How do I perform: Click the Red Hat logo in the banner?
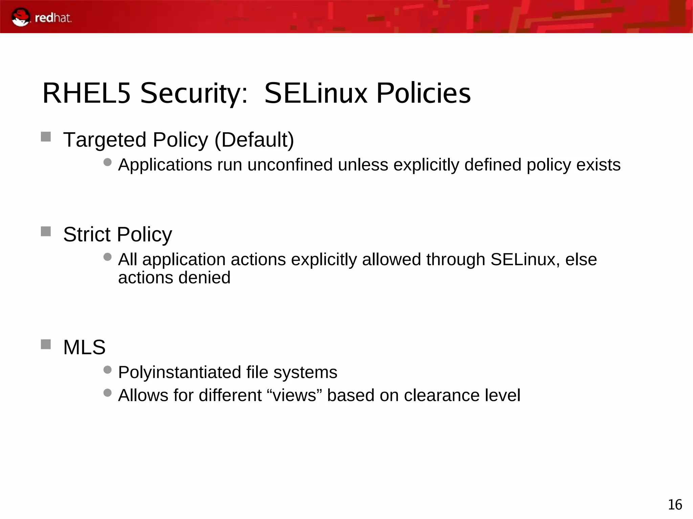pyautogui.click(x=41, y=17)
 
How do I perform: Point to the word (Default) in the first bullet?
pyautogui.click(x=254, y=140)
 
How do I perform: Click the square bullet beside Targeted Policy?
pyautogui.click(x=46, y=137)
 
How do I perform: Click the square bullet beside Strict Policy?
pyautogui.click(x=46, y=232)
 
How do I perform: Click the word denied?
pyautogui.click(x=204, y=278)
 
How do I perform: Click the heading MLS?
pyautogui.click(x=84, y=347)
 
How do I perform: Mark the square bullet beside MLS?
pyautogui.click(x=46, y=345)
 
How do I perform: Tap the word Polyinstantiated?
pyautogui.click(x=179, y=373)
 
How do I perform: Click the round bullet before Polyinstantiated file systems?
pyautogui.click(x=108, y=370)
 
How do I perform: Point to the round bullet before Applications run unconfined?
pyautogui.click(x=108, y=162)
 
